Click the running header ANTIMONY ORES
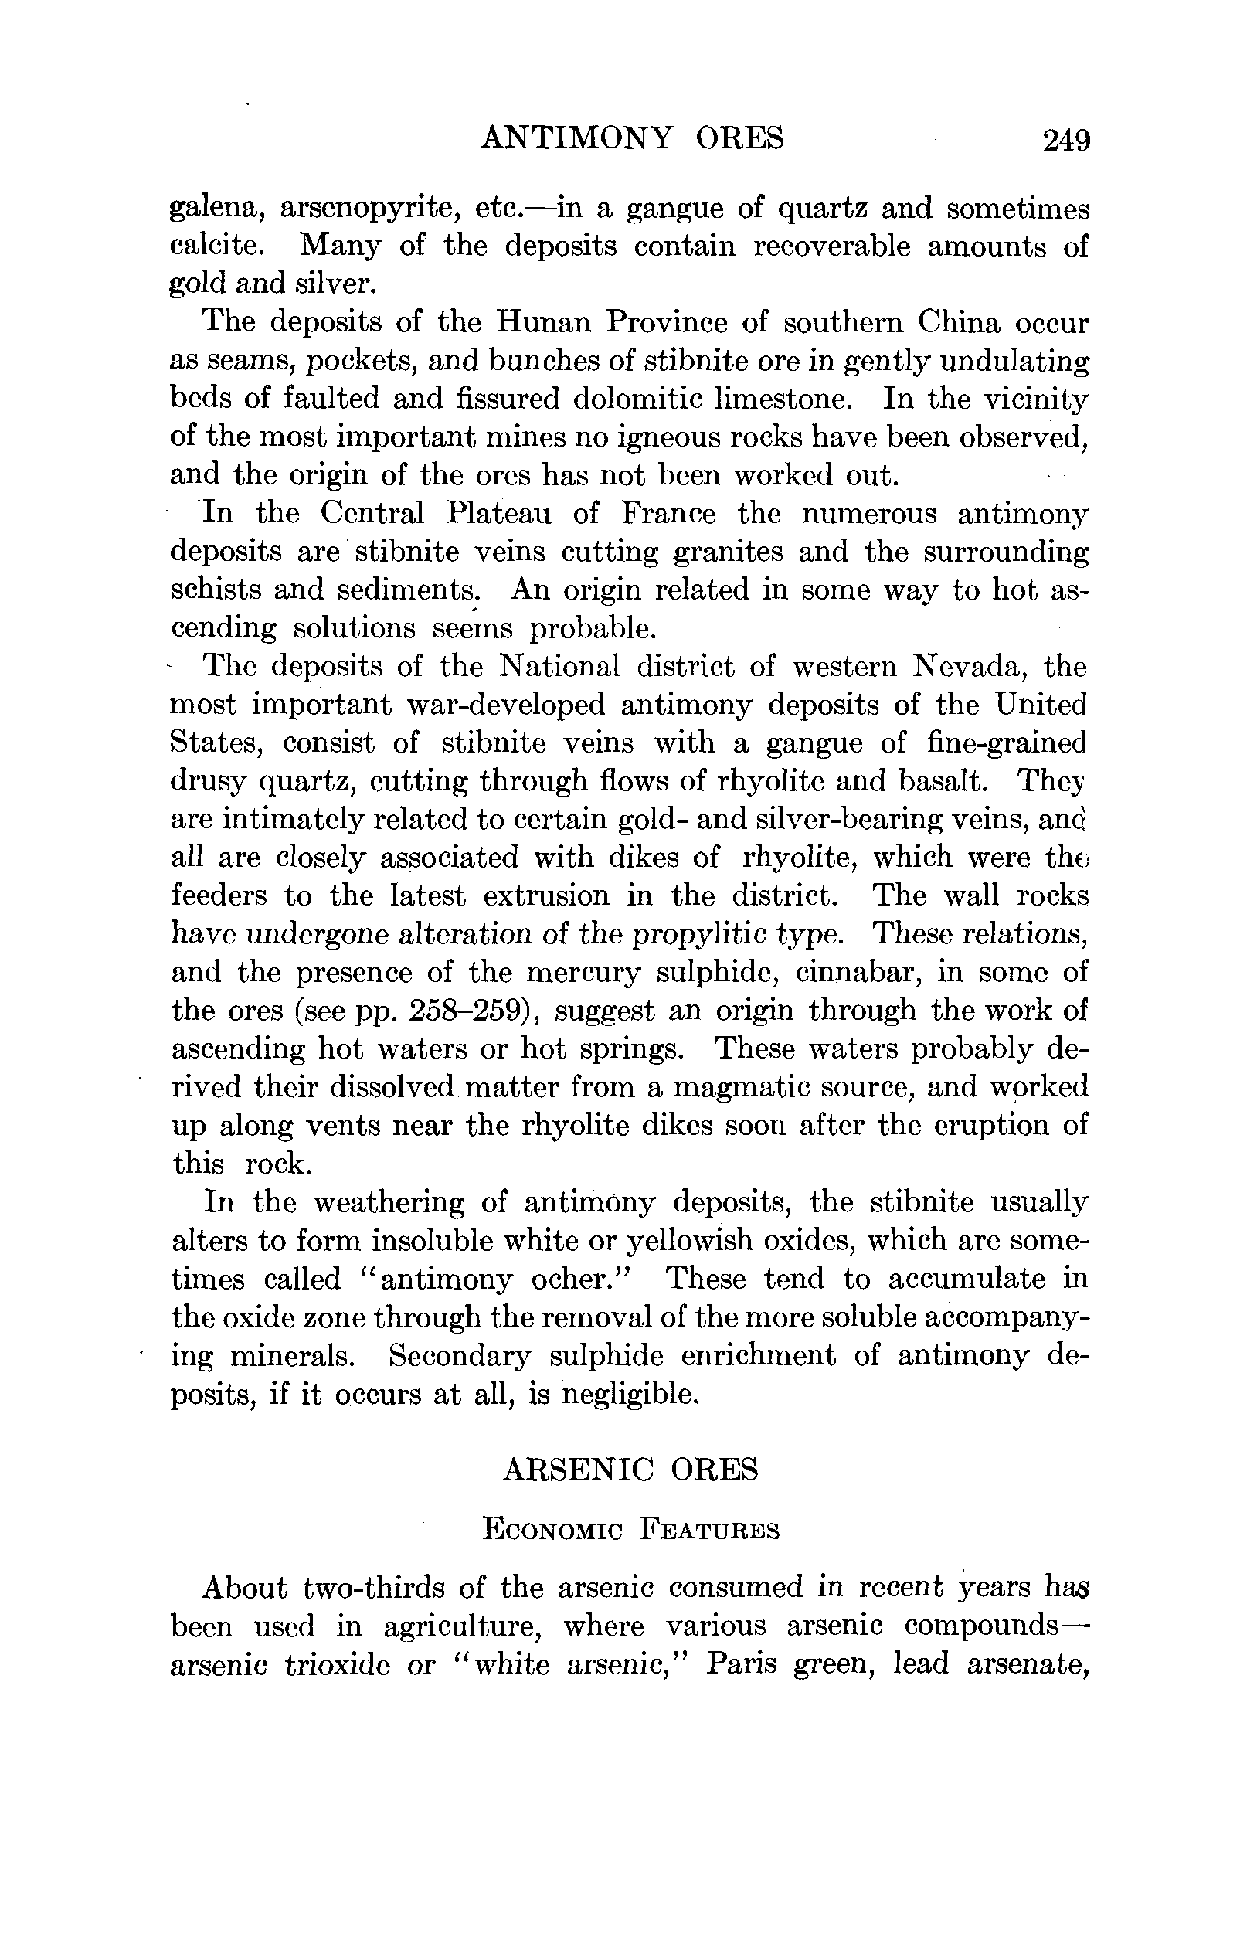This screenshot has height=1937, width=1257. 632,138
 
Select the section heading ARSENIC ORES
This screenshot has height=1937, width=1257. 630,1470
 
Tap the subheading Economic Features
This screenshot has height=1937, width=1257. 630,1529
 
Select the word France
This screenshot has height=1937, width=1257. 668,514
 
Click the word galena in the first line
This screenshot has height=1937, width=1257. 216,209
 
